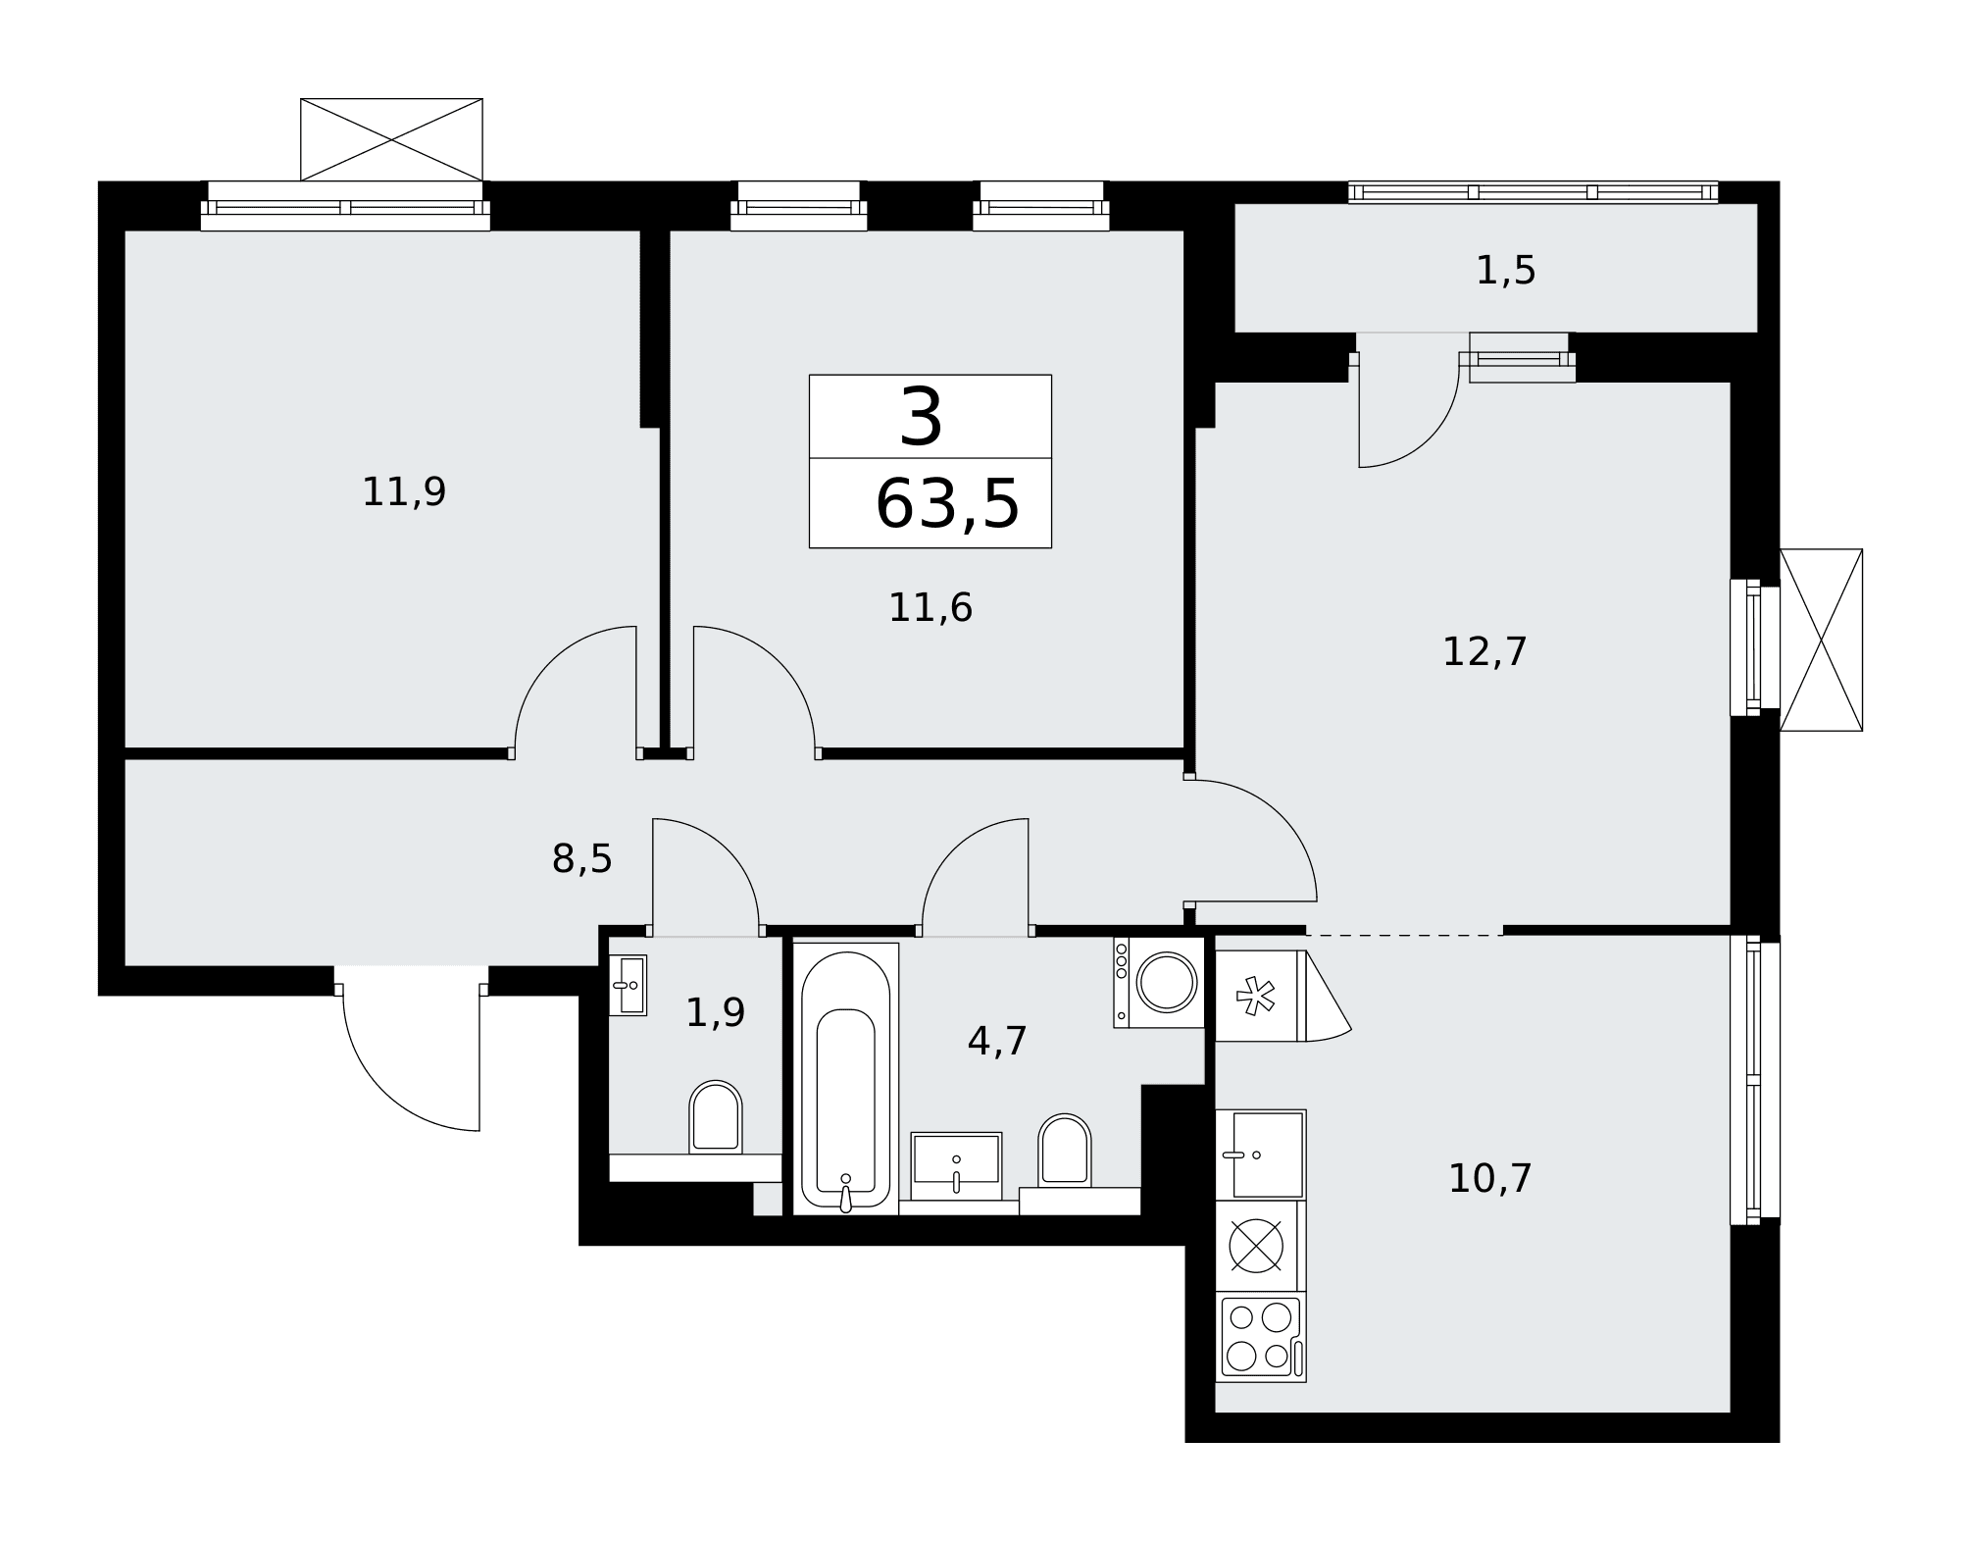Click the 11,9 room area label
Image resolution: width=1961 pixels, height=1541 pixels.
404,492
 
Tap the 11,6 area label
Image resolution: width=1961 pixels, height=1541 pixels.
930,608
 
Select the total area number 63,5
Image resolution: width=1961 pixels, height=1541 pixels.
947,504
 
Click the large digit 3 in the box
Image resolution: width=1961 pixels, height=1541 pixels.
921,417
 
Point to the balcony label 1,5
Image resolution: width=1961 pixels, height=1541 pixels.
1505,271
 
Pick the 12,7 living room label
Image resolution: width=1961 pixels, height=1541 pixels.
1484,652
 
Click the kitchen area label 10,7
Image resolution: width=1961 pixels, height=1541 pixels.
1489,1178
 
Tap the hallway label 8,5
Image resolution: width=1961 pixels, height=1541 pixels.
581,859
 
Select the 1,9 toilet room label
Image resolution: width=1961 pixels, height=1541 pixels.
715,1012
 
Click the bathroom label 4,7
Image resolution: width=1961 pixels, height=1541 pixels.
997,1041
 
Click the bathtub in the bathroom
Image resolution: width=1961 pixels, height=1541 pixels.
845,1078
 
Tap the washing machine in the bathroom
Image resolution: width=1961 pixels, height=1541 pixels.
1159,982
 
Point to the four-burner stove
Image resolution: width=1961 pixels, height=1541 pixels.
1261,1338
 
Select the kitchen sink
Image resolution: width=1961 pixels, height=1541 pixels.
1261,1155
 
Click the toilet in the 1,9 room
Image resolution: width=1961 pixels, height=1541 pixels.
716,1117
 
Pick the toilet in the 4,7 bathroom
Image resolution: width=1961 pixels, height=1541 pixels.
1065,1150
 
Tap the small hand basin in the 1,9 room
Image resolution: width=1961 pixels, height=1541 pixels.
628,985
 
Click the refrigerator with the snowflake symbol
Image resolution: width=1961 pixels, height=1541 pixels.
1261,996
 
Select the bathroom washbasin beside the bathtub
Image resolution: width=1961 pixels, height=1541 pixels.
956,1166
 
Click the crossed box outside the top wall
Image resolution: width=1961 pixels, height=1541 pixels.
391,139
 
